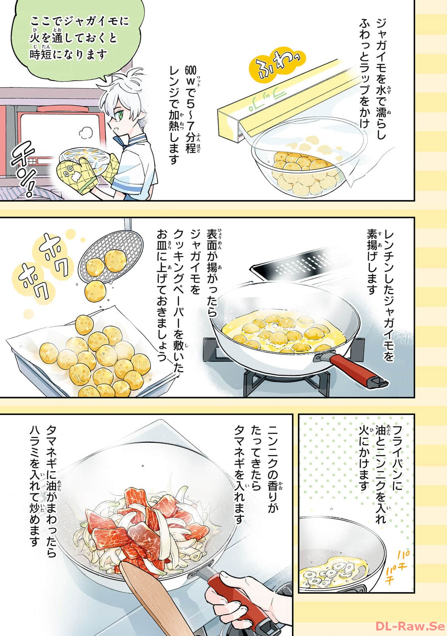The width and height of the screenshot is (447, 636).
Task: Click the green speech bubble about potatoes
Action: point(77,40)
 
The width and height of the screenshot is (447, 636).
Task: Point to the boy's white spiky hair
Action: point(125,91)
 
